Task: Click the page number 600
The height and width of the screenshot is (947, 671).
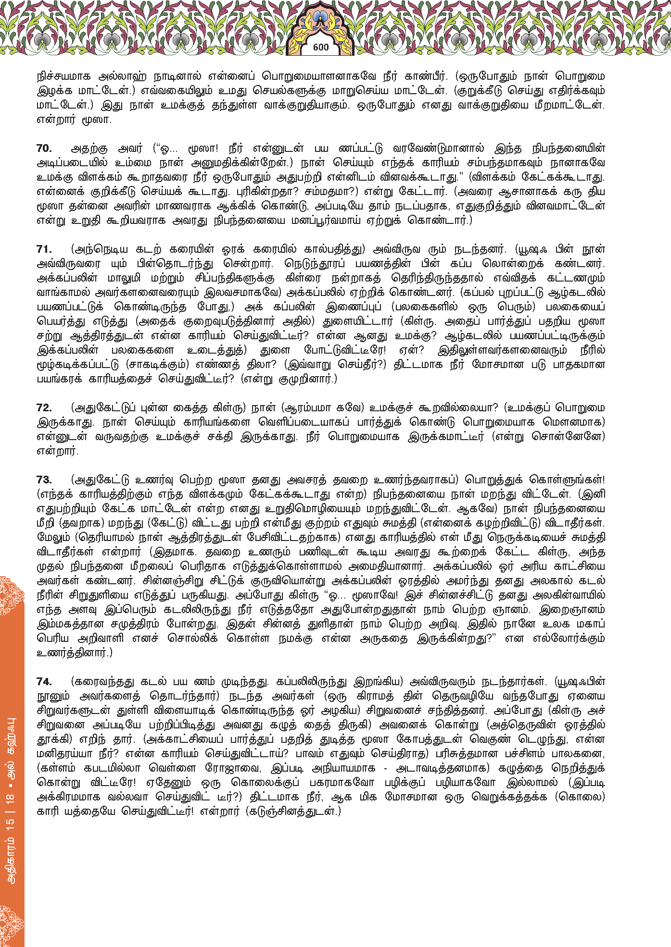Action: pyautogui.click(x=320, y=47)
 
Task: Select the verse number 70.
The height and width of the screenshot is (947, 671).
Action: pyautogui.click(x=44, y=148)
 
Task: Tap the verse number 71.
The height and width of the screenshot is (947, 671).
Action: pyautogui.click(x=44, y=249)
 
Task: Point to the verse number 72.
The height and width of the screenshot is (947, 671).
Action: pyautogui.click(x=44, y=408)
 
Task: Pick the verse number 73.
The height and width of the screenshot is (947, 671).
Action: pyautogui.click(x=44, y=480)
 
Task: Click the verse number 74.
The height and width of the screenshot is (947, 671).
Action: pyautogui.click(x=44, y=682)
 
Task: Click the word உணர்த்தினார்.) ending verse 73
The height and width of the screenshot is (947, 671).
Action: pyautogui.click(x=75, y=653)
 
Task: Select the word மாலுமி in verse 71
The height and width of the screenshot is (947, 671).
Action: pyautogui.click(x=125, y=278)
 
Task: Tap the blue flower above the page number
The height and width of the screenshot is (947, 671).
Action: pyautogui.click(x=320, y=19)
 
